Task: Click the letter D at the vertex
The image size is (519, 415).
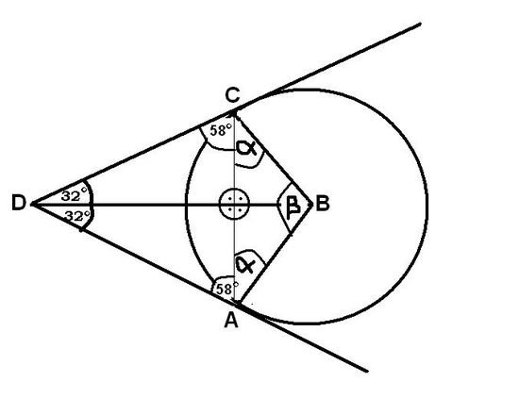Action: pyautogui.click(x=19, y=202)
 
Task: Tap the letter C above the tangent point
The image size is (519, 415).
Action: pyautogui.click(x=232, y=95)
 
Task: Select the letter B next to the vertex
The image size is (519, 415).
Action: pyautogui.click(x=323, y=203)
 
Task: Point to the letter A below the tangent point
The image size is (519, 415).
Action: pyautogui.click(x=231, y=320)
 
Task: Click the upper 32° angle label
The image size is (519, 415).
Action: pyautogui.click(x=75, y=195)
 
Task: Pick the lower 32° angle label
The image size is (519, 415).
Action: pyautogui.click(x=77, y=216)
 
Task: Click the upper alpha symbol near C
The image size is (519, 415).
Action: pyautogui.click(x=246, y=148)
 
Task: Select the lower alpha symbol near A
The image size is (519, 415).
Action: pyautogui.click(x=245, y=265)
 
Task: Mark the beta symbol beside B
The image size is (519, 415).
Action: pyautogui.click(x=293, y=207)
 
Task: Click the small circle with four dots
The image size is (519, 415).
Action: pyautogui.click(x=234, y=204)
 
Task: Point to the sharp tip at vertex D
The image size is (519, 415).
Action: pyautogui.click(x=32, y=205)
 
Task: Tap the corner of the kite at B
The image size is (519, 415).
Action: pyautogui.click(x=312, y=204)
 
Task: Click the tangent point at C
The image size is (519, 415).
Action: pyautogui.click(x=234, y=112)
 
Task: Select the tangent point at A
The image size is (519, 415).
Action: pyautogui.click(x=239, y=304)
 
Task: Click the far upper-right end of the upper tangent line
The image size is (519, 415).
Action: pyautogui.click(x=420, y=24)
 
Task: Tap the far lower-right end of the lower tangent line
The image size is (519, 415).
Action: pyautogui.click(x=367, y=372)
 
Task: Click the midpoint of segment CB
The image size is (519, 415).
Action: pyautogui.click(x=274, y=158)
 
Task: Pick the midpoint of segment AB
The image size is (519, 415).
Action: pyautogui.click(x=276, y=254)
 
